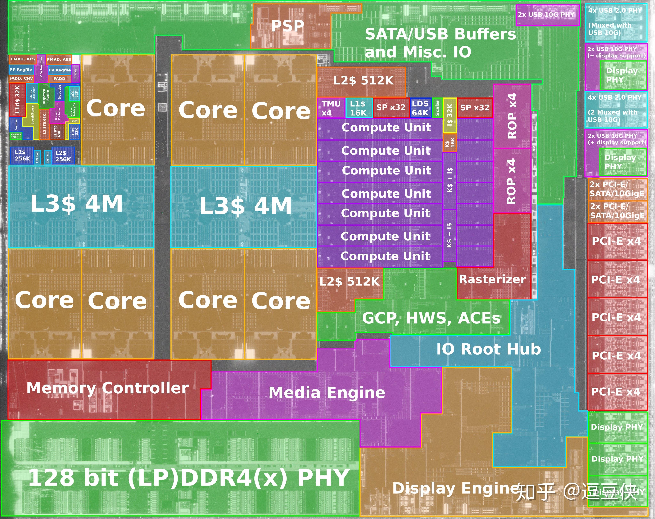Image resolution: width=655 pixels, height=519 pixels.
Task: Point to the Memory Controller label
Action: (108, 388)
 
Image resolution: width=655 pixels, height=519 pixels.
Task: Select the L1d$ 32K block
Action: (17, 100)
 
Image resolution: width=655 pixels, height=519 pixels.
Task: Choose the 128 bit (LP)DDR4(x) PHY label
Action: (188, 478)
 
